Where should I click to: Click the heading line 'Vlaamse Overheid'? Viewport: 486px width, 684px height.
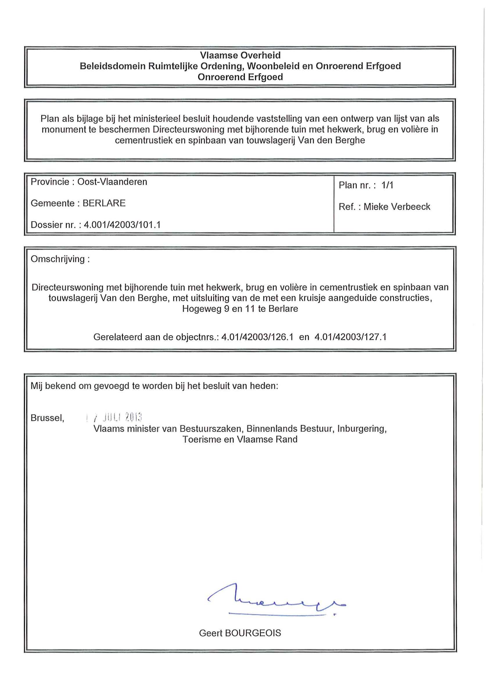coord(240,55)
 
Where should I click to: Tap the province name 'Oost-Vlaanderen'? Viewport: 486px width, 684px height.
coord(112,182)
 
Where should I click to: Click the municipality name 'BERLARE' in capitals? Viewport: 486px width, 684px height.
coord(104,203)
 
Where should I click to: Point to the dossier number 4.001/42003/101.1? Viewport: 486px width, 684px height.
coord(122,225)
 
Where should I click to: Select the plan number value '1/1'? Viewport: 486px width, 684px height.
coord(387,185)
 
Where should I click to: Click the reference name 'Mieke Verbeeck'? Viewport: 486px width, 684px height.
coord(397,207)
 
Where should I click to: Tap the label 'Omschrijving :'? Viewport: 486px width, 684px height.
coord(60,259)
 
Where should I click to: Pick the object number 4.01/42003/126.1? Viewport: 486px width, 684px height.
coord(257,337)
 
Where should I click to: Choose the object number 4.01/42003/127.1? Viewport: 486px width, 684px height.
coord(350,337)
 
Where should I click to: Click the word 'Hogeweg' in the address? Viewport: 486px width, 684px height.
coord(202,309)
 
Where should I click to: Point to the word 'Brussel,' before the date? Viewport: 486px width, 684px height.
coord(47,418)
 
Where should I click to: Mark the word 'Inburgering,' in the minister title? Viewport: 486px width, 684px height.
coord(362,428)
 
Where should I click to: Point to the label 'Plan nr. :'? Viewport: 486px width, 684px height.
coord(357,185)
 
